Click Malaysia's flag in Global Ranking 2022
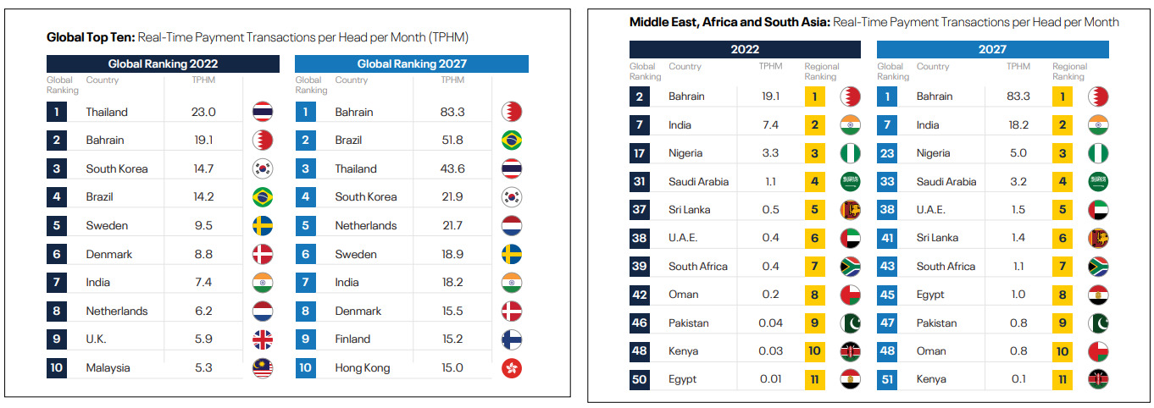(262, 368)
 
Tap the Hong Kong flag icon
(512, 368)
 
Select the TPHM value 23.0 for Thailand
(204, 112)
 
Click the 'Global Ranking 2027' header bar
(411, 63)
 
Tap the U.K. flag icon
(262, 339)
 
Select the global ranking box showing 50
(640, 379)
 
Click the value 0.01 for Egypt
(770, 379)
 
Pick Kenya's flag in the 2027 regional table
(1098, 379)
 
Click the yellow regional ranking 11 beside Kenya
(1062, 379)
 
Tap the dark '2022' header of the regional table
(745, 49)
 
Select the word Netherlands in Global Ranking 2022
(117, 311)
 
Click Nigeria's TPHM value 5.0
(1018, 153)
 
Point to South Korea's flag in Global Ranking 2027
(512, 197)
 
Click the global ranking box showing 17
(640, 153)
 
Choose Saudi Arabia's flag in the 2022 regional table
(850, 181)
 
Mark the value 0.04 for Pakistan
(770, 323)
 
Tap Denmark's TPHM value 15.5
(453, 311)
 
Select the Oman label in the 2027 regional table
(930, 351)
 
